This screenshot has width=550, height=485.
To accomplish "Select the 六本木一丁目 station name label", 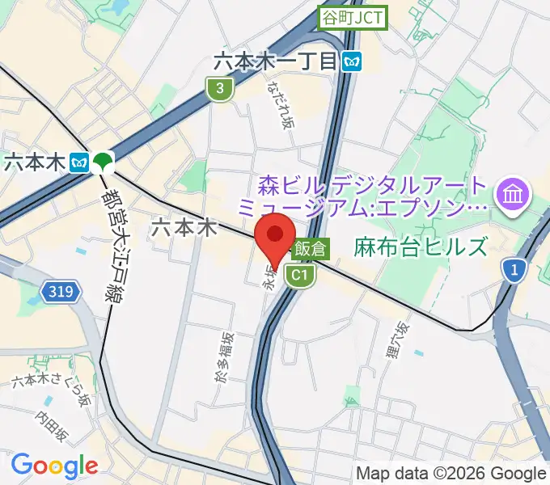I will pyautogui.click(x=275, y=61).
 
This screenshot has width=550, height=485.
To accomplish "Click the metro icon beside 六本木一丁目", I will pyautogui.click(x=351, y=61).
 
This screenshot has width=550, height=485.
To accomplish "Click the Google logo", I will pyautogui.click(x=54, y=465).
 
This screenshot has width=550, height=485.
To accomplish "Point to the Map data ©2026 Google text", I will pyautogui.click(x=451, y=473).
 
